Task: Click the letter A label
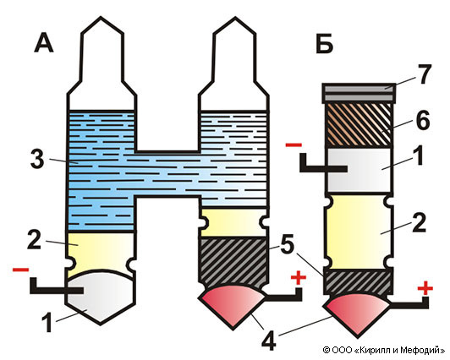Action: click(44, 45)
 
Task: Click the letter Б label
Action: click(324, 45)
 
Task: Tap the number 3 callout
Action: click(37, 160)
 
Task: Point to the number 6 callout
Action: click(423, 120)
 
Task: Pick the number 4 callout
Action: click(268, 341)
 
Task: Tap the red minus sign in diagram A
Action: click(20, 270)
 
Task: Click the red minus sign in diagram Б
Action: click(294, 145)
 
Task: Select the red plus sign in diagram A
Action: click(299, 277)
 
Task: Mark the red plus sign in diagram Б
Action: click(425, 288)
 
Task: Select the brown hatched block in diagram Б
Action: click(359, 125)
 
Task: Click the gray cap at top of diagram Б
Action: click(359, 93)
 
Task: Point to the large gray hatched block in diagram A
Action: click(233, 261)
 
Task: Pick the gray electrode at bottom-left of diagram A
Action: click(100, 297)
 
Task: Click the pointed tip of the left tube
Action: click(101, 17)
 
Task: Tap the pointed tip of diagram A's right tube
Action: click(236, 18)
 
